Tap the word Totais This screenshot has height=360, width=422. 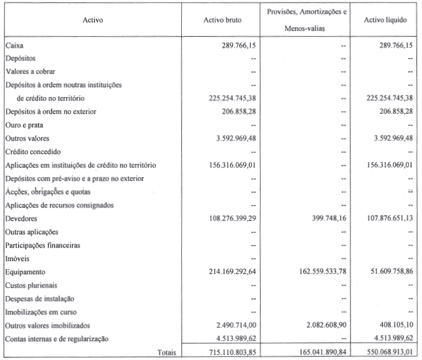click(x=166, y=352)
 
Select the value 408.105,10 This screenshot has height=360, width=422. click(x=393, y=325)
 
